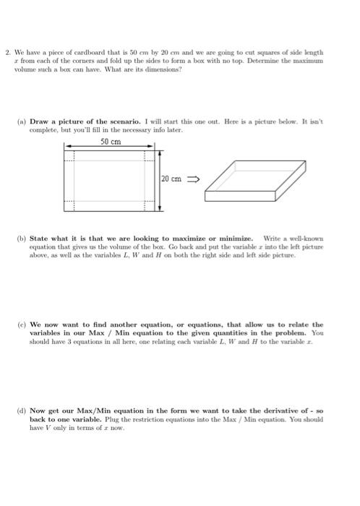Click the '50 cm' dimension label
[x=111, y=142]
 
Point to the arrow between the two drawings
[x=194, y=178]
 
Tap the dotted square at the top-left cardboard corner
[x=70, y=155]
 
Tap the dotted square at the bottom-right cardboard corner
[x=150, y=205]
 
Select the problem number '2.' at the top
[x=7, y=53]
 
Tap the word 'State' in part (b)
[x=40, y=237]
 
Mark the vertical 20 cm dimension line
[x=160, y=180]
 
